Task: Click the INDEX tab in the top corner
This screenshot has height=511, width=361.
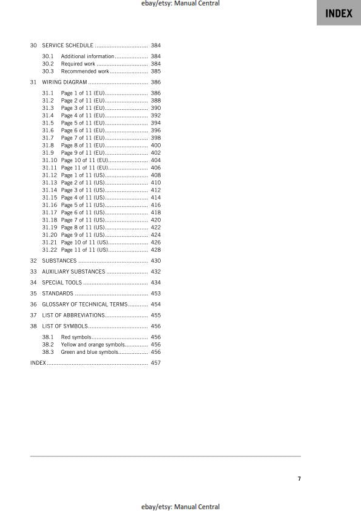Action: click(x=339, y=13)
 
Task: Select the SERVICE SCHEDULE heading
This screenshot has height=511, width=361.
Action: click(x=67, y=46)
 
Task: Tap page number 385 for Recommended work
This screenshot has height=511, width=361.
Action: click(x=155, y=72)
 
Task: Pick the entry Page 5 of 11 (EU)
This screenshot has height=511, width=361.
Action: click(x=83, y=123)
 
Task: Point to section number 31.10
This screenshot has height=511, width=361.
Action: click(x=50, y=160)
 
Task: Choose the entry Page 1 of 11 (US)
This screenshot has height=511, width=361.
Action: click(x=83, y=175)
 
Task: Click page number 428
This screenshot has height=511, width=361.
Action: click(x=155, y=250)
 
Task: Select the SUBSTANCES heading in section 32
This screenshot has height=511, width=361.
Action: click(x=59, y=261)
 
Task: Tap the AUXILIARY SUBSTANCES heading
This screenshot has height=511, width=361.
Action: click(x=73, y=272)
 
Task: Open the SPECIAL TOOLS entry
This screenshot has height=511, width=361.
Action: click(x=62, y=283)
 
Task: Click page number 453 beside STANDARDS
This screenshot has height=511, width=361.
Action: click(x=155, y=294)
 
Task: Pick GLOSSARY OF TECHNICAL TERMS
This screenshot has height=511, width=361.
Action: click(x=84, y=305)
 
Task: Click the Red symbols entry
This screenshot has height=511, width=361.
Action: click(x=76, y=337)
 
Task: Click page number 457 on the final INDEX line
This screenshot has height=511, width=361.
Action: click(x=155, y=363)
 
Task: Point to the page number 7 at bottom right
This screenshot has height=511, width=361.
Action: click(x=299, y=479)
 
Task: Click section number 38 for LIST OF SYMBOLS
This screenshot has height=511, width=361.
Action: click(x=33, y=327)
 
